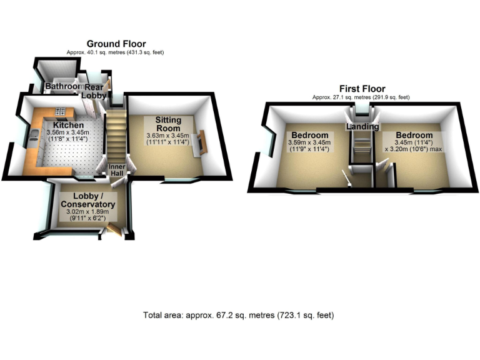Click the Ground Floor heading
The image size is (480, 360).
[x=116, y=44]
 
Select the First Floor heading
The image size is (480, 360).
[x=362, y=89]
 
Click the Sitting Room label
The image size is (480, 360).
[x=168, y=124]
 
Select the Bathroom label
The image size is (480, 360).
[x=64, y=87]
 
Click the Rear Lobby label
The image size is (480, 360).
[x=94, y=92]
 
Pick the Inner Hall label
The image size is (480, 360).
[x=117, y=171]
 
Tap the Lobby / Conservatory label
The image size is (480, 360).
[x=87, y=200]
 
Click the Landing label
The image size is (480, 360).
[x=362, y=127]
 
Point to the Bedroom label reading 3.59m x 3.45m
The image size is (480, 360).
[x=310, y=136]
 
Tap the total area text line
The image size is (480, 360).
[x=238, y=315]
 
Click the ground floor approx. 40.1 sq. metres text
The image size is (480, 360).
[x=116, y=52]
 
